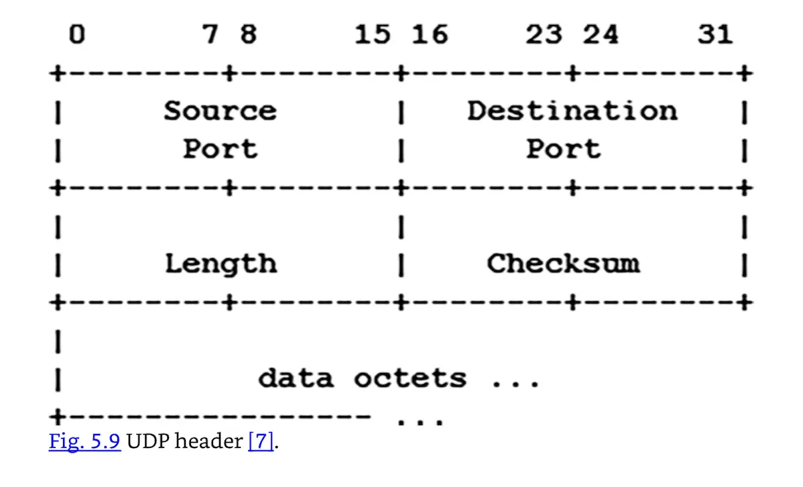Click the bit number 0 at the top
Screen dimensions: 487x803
77,34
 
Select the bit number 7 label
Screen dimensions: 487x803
211,34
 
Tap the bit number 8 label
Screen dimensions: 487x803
248,34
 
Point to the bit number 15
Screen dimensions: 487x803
373,34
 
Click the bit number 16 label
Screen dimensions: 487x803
430,34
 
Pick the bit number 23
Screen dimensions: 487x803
544,34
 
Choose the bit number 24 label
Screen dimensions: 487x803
601,34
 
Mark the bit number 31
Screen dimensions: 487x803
715,34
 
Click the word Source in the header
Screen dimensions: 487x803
220,111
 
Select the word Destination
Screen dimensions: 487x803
572,111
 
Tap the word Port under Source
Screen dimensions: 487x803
220,148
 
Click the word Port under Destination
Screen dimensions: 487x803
563,148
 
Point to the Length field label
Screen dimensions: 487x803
220,264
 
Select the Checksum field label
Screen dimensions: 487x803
563,264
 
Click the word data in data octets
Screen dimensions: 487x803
296,378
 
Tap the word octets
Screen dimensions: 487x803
410,378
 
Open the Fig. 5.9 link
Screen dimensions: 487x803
84,443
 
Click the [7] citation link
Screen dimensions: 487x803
261,443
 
